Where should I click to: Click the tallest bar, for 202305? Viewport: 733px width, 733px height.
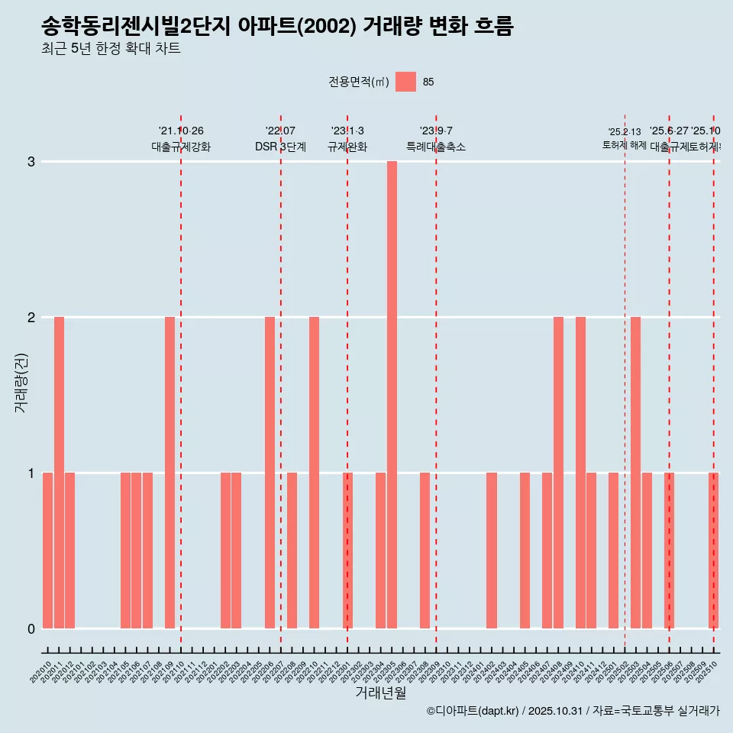(392, 395)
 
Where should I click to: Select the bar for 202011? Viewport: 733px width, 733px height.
(59, 473)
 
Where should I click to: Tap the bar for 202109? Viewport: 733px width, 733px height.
(170, 473)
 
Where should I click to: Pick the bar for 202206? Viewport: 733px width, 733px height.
(270, 473)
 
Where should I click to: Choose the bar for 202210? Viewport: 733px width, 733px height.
(314, 473)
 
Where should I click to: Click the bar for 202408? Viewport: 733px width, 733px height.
(558, 473)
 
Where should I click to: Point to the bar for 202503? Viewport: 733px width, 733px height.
(635, 473)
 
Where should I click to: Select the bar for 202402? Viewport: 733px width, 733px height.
(492, 551)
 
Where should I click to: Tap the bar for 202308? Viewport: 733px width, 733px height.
(425, 551)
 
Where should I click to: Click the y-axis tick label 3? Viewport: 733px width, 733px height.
(31, 162)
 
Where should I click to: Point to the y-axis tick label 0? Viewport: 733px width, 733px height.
(31, 629)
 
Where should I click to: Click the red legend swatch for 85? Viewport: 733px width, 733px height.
(405, 82)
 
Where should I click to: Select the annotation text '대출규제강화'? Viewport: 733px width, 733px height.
(181, 147)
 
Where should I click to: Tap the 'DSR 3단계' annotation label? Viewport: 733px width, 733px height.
(280, 147)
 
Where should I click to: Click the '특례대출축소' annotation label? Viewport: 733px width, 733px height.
(435, 147)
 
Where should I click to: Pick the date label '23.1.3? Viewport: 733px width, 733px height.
(347, 131)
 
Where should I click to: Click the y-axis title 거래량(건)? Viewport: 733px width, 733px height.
(21, 383)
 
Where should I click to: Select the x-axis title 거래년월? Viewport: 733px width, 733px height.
(380, 693)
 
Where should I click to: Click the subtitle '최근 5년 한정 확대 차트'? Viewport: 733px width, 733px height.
(111, 50)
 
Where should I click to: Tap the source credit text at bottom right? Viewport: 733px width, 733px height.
(573, 712)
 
